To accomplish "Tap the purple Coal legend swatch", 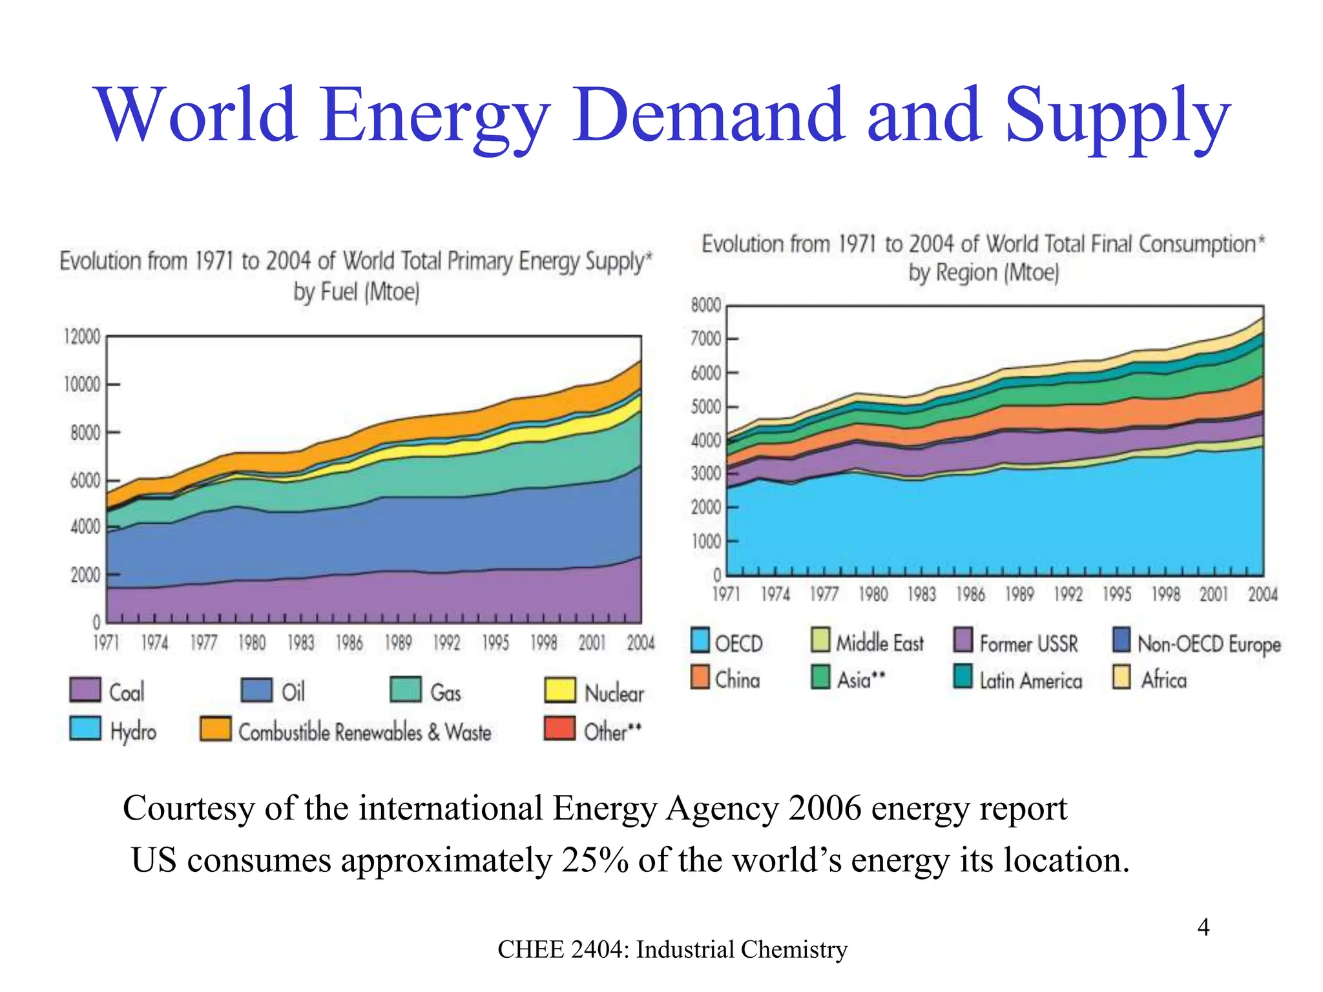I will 85,690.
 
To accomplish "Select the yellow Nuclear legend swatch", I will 560,690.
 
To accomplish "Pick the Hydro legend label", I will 133,732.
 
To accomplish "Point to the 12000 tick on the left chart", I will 82,337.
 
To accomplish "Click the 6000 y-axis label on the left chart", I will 85,481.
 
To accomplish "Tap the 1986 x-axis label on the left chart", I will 349,643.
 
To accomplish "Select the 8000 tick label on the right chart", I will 705,305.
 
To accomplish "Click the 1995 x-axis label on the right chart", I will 1117,594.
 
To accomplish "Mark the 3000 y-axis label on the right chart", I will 705,474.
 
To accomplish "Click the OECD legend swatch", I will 700,640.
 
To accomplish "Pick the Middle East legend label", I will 880,643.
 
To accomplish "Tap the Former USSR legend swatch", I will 963,640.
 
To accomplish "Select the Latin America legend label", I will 1030,681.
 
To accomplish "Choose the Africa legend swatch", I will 1121,677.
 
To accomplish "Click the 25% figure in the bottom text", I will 594,860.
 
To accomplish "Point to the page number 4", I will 1203,927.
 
